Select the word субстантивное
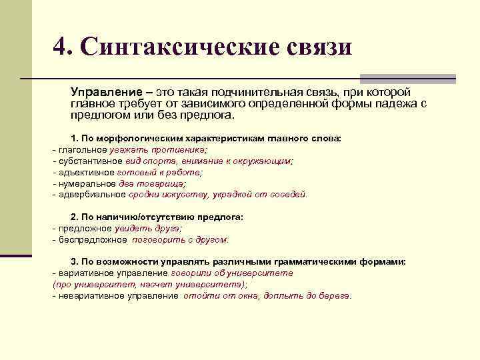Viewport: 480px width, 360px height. click(x=91, y=161)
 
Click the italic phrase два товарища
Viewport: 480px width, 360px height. click(x=151, y=183)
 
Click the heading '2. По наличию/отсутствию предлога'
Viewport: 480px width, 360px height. click(x=157, y=217)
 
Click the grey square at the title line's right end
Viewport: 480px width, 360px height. click(x=408, y=79)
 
